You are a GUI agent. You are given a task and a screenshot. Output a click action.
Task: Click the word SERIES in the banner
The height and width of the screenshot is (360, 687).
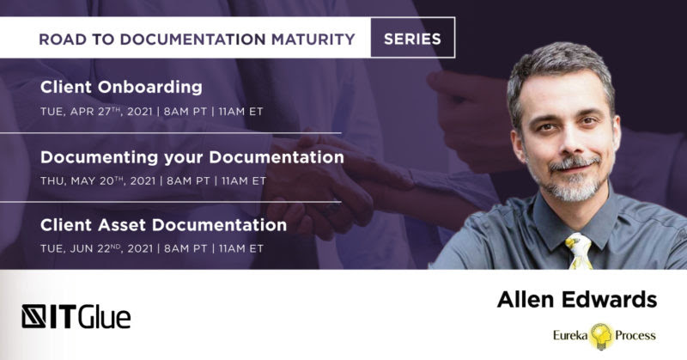click(412, 39)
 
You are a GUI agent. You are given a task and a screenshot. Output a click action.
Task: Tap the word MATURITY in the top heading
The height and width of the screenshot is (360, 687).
click(313, 40)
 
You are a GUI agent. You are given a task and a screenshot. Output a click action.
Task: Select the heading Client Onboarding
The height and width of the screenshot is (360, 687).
click(121, 87)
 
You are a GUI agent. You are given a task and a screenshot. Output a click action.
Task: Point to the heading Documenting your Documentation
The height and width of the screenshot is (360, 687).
click(192, 157)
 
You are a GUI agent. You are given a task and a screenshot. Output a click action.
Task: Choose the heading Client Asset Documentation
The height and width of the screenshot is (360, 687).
click(163, 225)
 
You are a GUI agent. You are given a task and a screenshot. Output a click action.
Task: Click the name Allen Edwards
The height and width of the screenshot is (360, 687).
click(577, 300)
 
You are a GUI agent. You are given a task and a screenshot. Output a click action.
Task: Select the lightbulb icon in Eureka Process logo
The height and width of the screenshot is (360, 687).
click(602, 336)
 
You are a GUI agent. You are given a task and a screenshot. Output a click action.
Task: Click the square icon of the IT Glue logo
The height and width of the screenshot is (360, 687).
click(33, 316)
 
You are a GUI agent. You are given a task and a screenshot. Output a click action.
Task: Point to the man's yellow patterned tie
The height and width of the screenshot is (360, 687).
click(579, 251)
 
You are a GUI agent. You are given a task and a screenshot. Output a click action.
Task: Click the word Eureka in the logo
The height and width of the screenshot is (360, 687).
click(570, 336)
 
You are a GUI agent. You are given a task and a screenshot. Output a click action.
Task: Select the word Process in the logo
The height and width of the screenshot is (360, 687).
click(635, 336)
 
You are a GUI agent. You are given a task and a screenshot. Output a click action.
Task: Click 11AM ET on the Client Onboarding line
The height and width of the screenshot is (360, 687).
click(241, 112)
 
